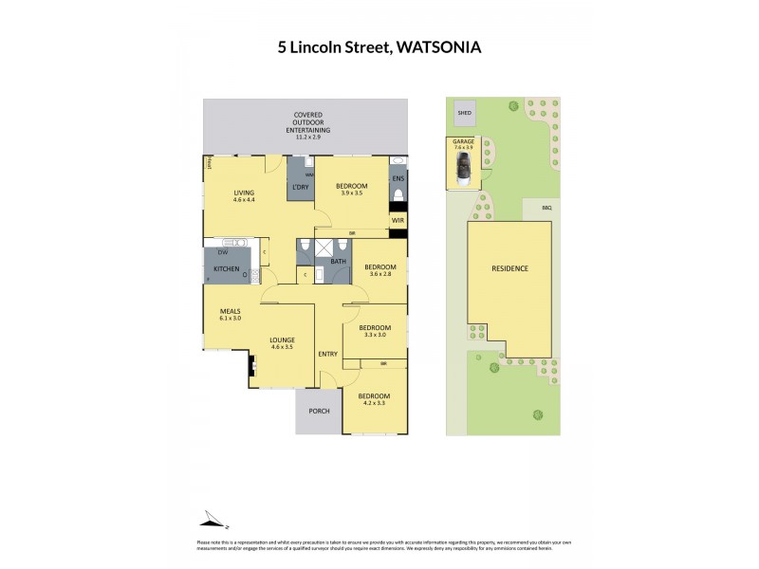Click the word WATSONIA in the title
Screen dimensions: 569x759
[433, 46]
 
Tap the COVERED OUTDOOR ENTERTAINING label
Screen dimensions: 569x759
[307, 124]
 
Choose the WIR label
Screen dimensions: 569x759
[398, 220]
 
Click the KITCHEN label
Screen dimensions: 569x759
[226, 270]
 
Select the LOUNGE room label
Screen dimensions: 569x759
[282, 340]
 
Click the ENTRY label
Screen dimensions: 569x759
[327, 354]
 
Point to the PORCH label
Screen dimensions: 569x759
[319, 411]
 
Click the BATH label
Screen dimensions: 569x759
[338, 261]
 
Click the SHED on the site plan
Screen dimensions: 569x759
[464, 113]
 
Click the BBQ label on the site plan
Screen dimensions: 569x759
[546, 207]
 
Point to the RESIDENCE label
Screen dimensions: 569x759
[509, 268]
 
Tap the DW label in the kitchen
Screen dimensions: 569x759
[223, 252]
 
